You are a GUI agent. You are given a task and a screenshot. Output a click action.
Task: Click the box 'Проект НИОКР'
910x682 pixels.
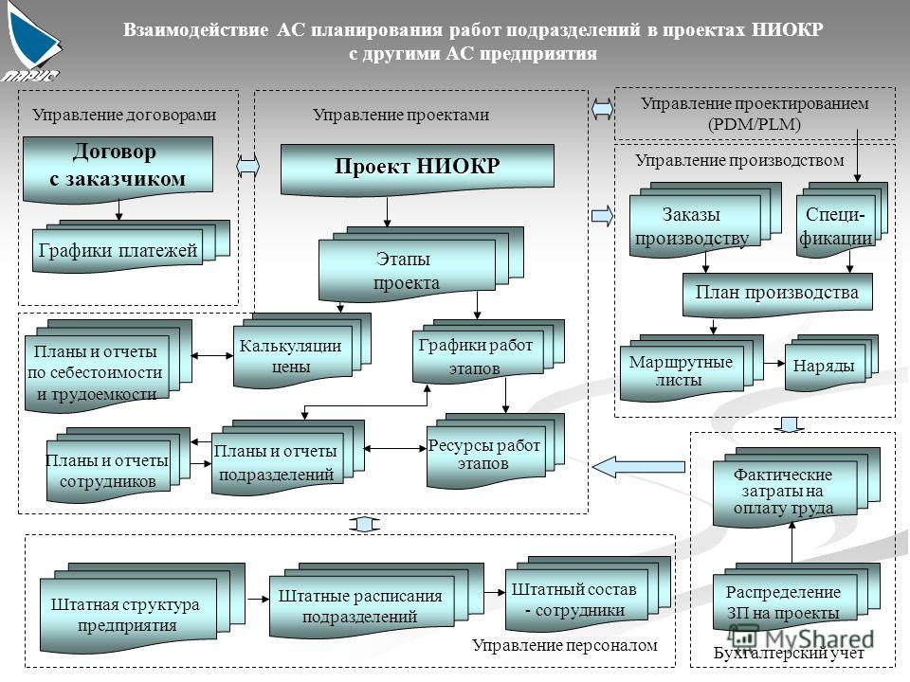[417, 169]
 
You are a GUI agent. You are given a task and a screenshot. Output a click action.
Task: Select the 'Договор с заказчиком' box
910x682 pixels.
[118, 170]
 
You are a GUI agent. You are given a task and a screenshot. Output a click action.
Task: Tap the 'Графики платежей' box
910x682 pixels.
[131, 247]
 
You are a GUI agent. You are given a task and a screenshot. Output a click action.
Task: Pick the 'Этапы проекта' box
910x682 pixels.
[421, 264]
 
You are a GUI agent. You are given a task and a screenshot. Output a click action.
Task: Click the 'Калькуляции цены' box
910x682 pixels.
[301, 351]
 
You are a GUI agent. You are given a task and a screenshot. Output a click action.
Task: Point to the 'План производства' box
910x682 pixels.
[777, 294]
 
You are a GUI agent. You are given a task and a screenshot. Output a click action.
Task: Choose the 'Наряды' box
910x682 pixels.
[831, 363]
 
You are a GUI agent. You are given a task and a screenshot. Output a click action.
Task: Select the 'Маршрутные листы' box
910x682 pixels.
[691, 368]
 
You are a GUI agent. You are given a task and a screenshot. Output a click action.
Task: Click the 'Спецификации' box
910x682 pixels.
[842, 221]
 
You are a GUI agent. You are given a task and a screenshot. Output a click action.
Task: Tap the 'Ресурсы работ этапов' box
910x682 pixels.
[495, 450]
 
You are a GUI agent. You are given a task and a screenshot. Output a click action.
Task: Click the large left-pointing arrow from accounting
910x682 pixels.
[638, 467]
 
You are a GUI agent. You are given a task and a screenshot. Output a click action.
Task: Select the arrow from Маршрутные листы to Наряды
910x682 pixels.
[774, 364]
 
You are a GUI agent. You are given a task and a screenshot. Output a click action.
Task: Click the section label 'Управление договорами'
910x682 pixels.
[124, 115]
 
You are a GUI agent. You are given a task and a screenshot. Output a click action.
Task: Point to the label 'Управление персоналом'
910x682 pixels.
[565, 645]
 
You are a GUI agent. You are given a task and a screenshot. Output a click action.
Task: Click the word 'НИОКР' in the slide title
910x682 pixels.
[787, 29]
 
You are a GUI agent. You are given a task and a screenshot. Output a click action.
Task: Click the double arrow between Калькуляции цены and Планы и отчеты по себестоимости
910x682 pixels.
[212, 355]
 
